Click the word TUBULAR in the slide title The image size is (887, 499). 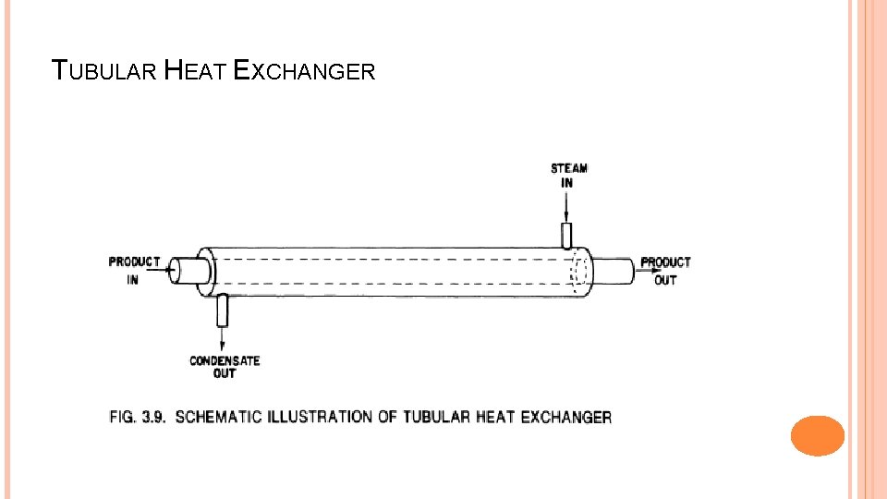click(104, 71)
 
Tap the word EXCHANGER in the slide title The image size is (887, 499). click(305, 71)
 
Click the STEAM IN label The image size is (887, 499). click(568, 176)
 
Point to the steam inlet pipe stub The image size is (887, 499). click(566, 235)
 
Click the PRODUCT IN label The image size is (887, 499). click(134, 271)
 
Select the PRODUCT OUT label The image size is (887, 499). click(665, 271)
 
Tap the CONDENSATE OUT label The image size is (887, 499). click(225, 367)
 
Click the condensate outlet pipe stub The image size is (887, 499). click(222, 311)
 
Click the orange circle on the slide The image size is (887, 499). click(818, 435)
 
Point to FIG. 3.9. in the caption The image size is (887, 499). click(138, 417)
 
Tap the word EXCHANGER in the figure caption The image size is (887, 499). click(565, 417)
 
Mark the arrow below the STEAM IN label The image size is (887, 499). click(566, 207)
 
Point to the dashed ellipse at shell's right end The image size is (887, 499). click(579, 272)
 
